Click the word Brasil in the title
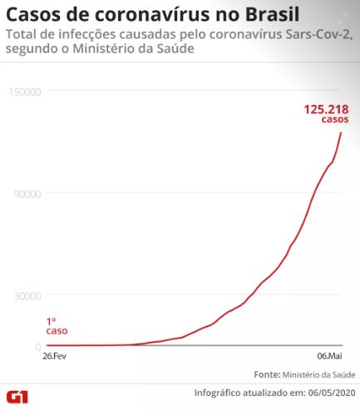tap(272, 14)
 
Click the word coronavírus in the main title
tap(152, 14)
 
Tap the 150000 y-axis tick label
tap(25, 91)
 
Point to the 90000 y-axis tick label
tap(27, 194)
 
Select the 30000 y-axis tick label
tap(27, 296)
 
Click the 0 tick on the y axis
tap(38, 347)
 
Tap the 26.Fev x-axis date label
tap(54, 356)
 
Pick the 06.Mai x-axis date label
tap(329, 356)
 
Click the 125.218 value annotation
tap(326, 109)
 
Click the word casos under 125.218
tap(335, 119)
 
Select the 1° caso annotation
tap(57, 326)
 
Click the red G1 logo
tap(17, 397)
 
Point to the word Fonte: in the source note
tap(267, 374)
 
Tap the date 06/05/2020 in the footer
tap(332, 393)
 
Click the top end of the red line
tap(341, 132)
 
